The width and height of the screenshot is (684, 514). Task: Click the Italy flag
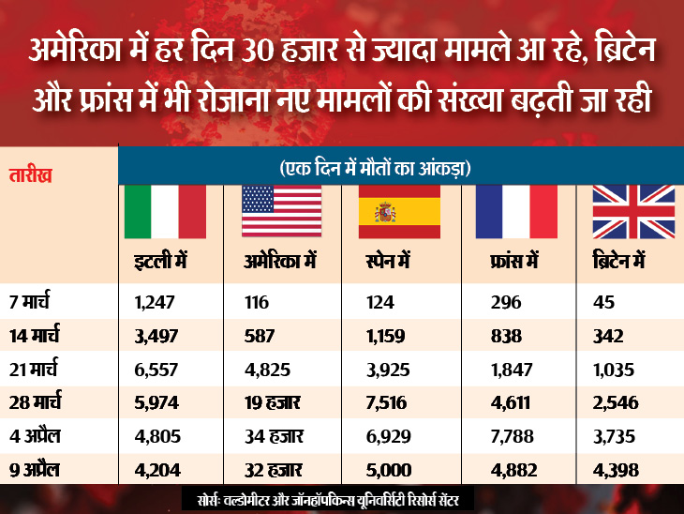(x=166, y=211)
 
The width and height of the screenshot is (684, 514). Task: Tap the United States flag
(x=282, y=211)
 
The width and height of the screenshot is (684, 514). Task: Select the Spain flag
(x=399, y=211)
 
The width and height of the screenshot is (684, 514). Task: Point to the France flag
(x=516, y=211)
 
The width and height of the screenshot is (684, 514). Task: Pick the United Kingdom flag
(x=632, y=211)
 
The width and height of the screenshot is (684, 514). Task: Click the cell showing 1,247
(x=156, y=302)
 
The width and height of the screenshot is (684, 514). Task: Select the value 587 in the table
(x=258, y=336)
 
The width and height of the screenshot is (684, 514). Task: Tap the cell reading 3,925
(x=381, y=369)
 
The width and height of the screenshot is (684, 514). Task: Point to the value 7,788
(x=512, y=435)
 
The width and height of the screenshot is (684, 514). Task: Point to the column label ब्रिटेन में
(x=620, y=261)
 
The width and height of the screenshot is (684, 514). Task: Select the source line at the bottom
(x=342, y=497)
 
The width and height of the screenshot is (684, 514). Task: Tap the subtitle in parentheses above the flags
(x=375, y=169)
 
